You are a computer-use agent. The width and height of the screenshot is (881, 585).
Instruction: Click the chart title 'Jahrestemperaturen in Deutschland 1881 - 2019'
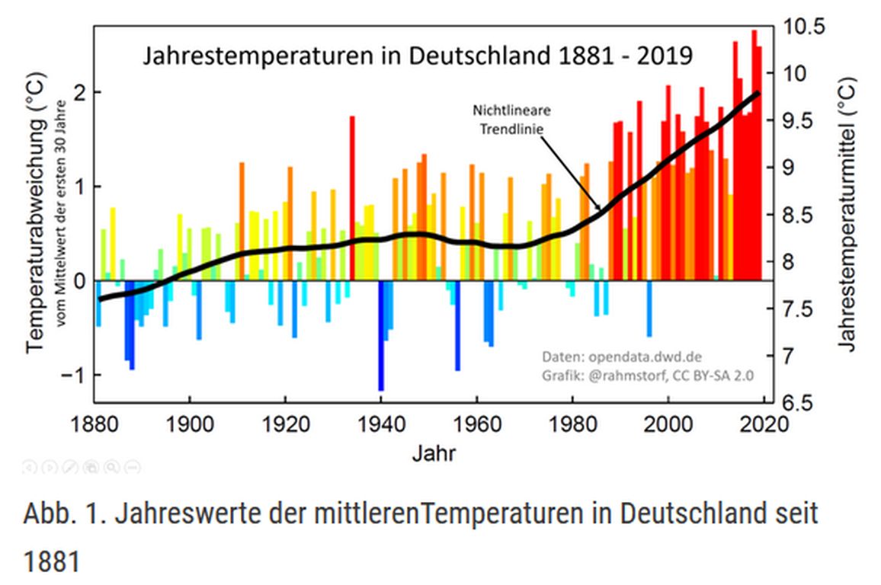pyautogui.click(x=418, y=56)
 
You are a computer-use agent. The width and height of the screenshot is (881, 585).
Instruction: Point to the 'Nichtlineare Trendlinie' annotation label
pyautogui.click(x=511, y=119)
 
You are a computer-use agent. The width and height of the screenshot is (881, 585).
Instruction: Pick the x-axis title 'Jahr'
pyautogui.click(x=434, y=454)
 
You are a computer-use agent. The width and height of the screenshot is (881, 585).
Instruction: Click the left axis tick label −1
pyautogui.click(x=69, y=376)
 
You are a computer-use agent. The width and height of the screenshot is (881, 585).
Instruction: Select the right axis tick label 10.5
pyautogui.click(x=804, y=27)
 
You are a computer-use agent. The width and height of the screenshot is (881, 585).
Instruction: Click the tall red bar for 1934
pyautogui.click(x=352, y=198)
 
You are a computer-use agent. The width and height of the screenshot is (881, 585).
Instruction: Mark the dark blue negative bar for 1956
pyautogui.click(x=457, y=326)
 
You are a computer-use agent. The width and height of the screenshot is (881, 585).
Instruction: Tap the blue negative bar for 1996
pyautogui.click(x=649, y=308)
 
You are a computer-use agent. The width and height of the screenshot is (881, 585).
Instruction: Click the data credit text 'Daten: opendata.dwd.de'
pyautogui.click(x=622, y=356)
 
